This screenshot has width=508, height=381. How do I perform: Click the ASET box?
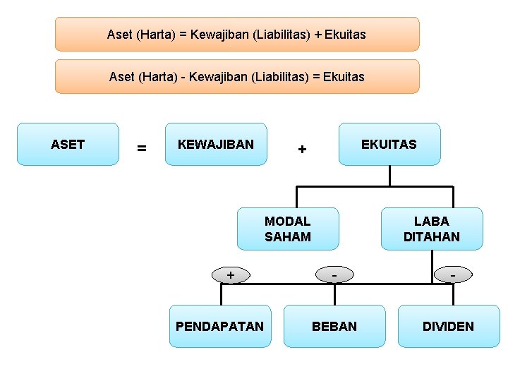pyautogui.click(x=68, y=145)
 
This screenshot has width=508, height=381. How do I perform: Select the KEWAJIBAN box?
pyautogui.click(x=216, y=145)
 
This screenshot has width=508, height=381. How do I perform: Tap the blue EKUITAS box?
pyautogui.click(x=389, y=145)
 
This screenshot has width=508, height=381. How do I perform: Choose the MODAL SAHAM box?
pyautogui.click(x=288, y=229)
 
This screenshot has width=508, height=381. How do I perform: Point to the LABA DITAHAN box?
pyautogui.click(x=432, y=229)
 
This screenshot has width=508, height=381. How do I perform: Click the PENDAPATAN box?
pyautogui.click(x=219, y=326)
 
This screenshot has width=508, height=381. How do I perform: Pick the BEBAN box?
pyautogui.click(x=334, y=326)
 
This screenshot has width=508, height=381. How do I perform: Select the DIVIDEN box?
pyautogui.click(x=448, y=326)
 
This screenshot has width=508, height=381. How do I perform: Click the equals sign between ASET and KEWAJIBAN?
pyautogui.click(x=142, y=148)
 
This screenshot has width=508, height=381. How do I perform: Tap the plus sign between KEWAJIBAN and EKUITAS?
pyautogui.click(x=302, y=150)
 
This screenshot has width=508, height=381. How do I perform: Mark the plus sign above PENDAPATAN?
pyautogui.click(x=231, y=274)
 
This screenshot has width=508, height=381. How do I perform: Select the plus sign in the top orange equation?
pyautogui.click(x=318, y=34)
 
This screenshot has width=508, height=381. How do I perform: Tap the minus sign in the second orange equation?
pyautogui.click(x=183, y=77)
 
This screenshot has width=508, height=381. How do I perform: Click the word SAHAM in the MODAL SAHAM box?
pyautogui.click(x=288, y=237)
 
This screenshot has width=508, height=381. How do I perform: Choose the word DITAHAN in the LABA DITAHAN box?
pyautogui.click(x=432, y=237)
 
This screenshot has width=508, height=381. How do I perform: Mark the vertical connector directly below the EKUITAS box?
pyautogui.click(x=389, y=176)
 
